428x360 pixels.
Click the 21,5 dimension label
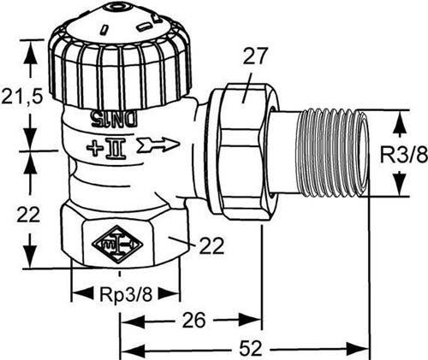click(22, 97)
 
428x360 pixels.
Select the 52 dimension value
click(250, 348)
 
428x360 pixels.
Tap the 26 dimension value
click(193, 320)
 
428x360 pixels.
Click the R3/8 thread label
click(404, 154)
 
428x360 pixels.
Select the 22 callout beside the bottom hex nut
click(211, 245)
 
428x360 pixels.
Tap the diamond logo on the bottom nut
click(117, 244)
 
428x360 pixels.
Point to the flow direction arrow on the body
click(159, 145)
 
